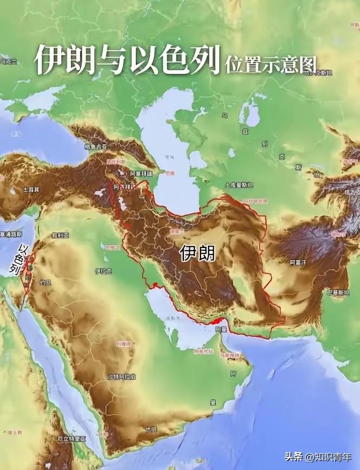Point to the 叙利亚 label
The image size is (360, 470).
click(60, 235)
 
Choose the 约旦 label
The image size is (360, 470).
click(46, 283)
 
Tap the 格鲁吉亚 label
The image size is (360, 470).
click(97, 146)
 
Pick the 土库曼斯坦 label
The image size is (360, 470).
click(239, 186)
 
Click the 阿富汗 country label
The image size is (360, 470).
click(299, 262)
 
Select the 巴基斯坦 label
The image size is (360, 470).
click(337, 293)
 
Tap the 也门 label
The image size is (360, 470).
click(151, 429)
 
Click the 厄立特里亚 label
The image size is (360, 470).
click(72, 439)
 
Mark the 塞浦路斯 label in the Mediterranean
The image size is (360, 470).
click(11, 234)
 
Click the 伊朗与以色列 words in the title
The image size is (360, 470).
click(127, 59)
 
